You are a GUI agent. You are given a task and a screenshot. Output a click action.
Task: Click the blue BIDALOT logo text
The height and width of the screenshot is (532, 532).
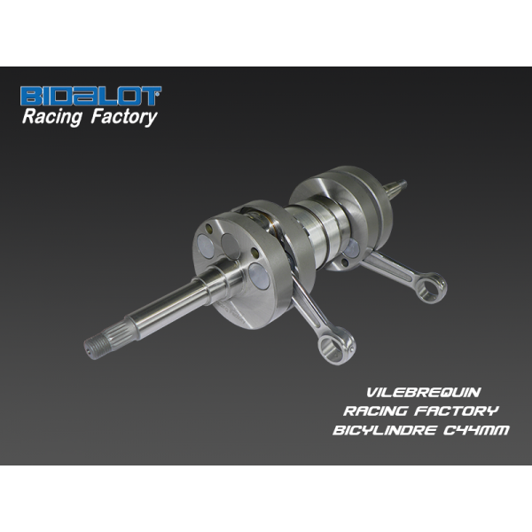91,96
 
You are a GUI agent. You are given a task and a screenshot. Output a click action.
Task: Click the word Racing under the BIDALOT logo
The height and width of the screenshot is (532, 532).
52,117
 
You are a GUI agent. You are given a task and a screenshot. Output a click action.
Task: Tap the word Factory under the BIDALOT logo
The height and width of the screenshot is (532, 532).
124,117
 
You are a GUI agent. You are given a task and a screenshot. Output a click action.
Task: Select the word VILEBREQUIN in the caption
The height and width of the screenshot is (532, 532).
424,393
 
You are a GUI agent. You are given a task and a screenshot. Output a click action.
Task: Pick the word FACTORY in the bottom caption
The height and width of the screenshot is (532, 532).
457,411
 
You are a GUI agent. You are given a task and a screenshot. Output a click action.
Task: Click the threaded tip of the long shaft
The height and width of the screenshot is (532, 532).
92,347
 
